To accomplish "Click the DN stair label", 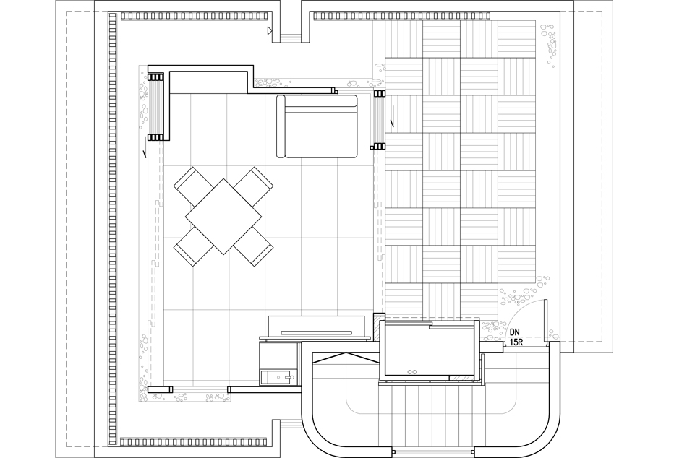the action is pyautogui.click(x=516, y=333).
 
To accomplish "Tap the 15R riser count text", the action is pyautogui.click(x=516, y=342).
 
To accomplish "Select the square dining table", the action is pyautogui.click(x=223, y=216).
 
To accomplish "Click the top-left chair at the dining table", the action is pyautogui.click(x=191, y=186).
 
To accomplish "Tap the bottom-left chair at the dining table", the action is pyautogui.click(x=191, y=248).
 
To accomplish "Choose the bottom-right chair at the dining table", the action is pyautogui.click(x=254, y=247).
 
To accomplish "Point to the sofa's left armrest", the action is pyautogui.click(x=281, y=126).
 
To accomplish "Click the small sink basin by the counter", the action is pyautogui.click(x=278, y=376).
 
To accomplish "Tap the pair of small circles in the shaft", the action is pyautogui.click(x=412, y=372).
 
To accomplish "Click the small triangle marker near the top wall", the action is pyautogui.click(x=270, y=30).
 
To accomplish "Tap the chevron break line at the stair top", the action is pyautogui.click(x=346, y=356).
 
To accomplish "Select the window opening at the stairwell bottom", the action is pyautogui.click(x=433, y=451).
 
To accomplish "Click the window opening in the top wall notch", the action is pyautogui.click(x=291, y=38).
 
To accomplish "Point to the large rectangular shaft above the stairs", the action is pyautogui.click(x=428, y=349).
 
